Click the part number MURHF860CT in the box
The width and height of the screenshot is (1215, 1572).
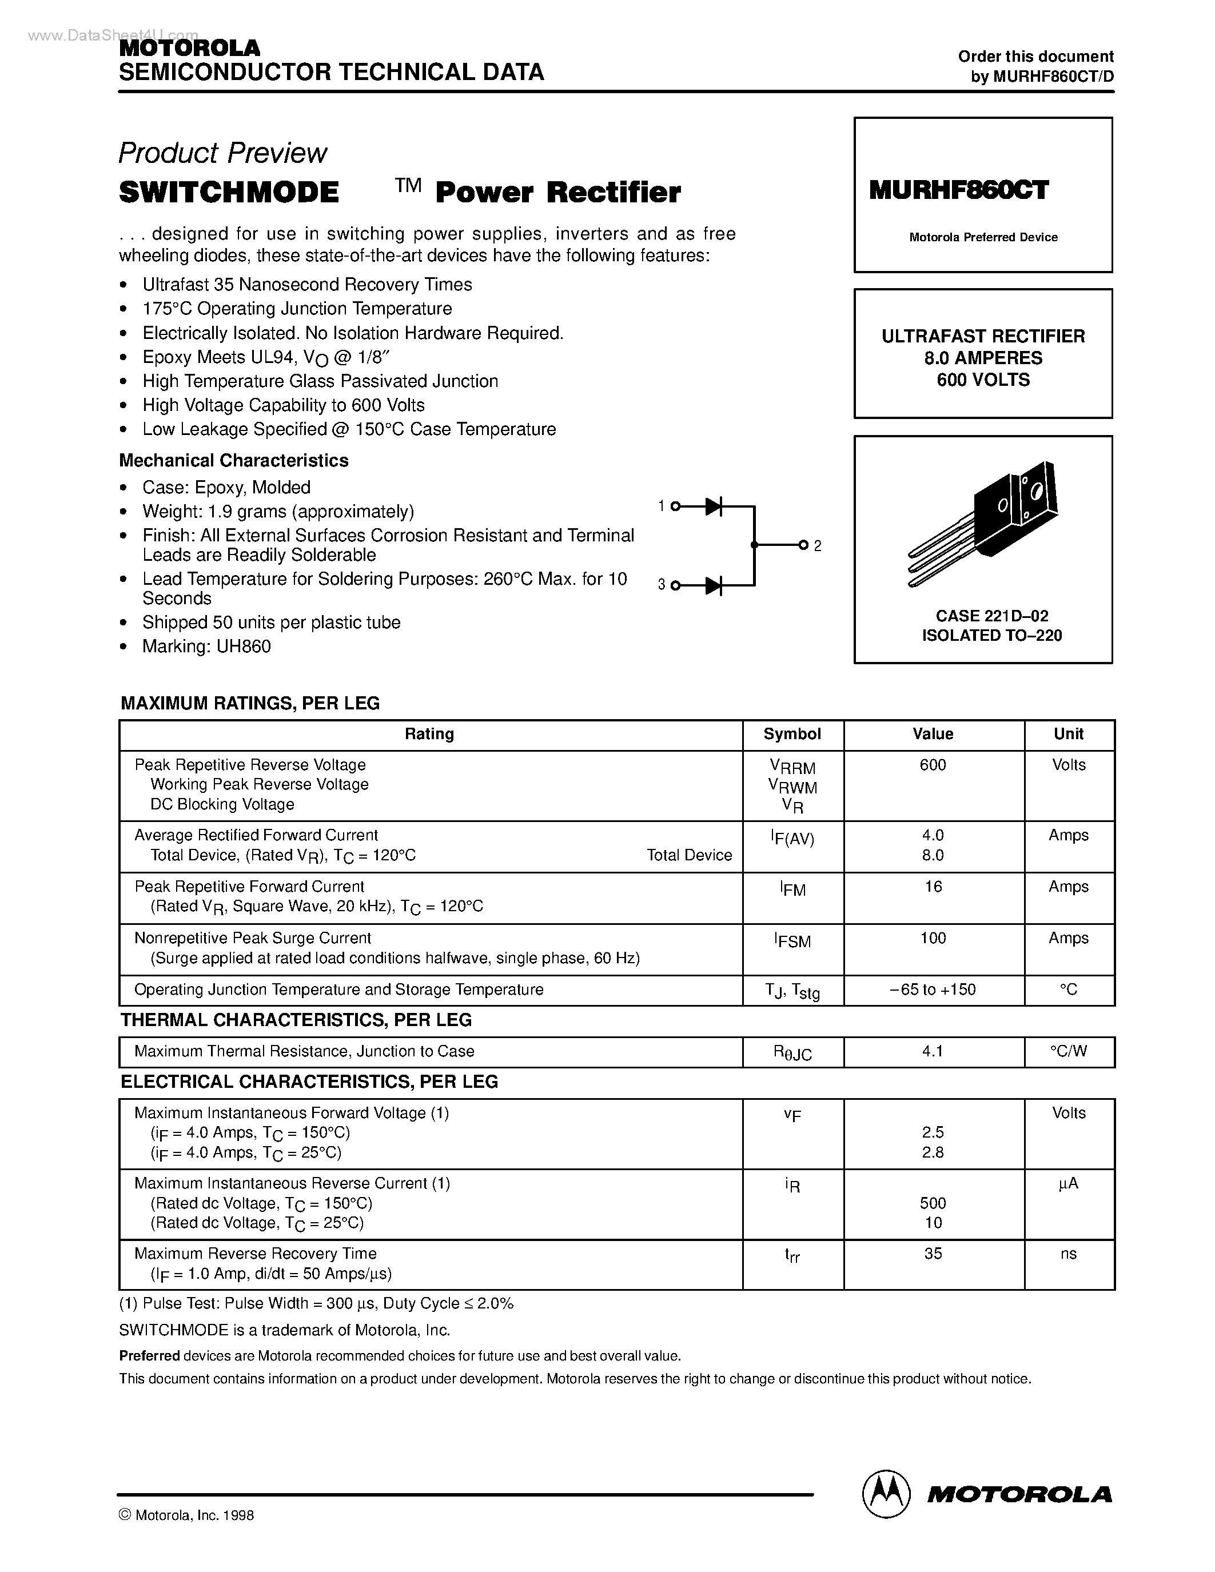[x=958, y=190]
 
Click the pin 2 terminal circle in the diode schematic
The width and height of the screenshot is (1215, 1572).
[x=803, y=545]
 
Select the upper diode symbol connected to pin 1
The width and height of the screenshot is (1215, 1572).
[x=714, y=506]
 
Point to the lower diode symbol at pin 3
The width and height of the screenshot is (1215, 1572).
[x=714, y=586]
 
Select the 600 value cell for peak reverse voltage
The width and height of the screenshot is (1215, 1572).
[x=933, y=765]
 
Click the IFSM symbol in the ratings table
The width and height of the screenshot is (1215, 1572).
[x=792, y=940]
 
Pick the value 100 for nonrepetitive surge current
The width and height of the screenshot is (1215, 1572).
[x=933, y=939]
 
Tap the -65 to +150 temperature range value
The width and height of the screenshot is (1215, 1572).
[x=933, y=990]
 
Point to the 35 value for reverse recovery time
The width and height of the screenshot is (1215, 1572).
[x=933, y=1254]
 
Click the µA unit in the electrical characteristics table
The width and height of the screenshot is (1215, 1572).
[x=1068, y=1184]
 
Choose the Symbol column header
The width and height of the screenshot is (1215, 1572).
[x=792, y=734]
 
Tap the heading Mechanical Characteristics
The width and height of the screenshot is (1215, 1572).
[x=233, y=461]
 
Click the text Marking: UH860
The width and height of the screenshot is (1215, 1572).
[x=206, y=647]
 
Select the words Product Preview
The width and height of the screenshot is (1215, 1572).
[x=222, y=153]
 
